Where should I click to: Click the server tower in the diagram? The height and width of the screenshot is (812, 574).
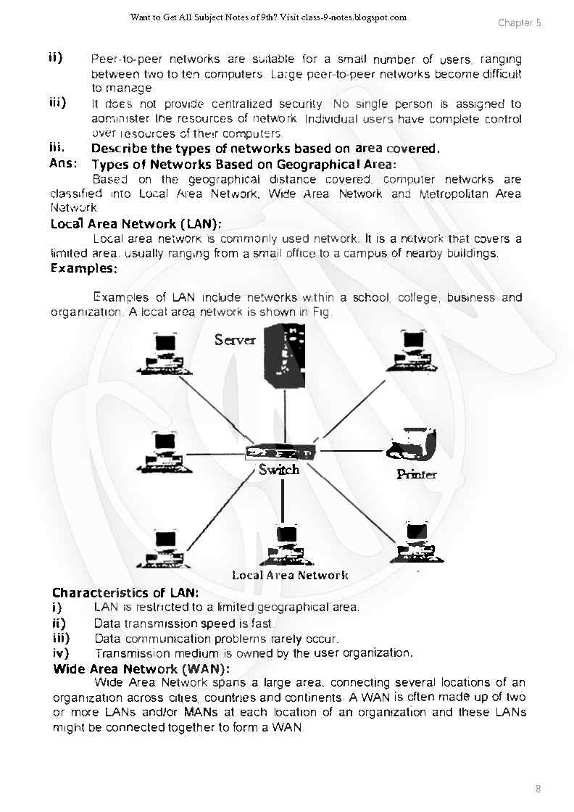(x=285, y=355)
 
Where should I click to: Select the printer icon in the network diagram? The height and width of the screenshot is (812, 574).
(x=411, y=446)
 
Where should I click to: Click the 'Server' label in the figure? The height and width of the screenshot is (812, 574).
(x=235, y=339)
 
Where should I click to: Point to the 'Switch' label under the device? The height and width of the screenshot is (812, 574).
(x=279, y=470)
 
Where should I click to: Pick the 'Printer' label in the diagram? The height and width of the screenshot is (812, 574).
(x=417, y=474)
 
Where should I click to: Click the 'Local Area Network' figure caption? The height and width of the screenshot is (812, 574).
(x=290, y=575)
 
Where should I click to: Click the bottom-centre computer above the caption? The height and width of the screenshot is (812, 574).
(x=283, y=546)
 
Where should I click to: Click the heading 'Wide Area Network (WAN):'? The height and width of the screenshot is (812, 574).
(x=141, y=668)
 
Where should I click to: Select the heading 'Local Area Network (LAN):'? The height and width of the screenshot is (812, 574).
(x=136, y=224)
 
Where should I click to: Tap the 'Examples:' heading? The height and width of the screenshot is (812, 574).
(x=84, y=268)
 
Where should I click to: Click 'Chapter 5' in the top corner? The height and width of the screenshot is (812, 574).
(x=519, y=22)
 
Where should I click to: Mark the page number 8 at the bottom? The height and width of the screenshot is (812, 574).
(x=538, y=789)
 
